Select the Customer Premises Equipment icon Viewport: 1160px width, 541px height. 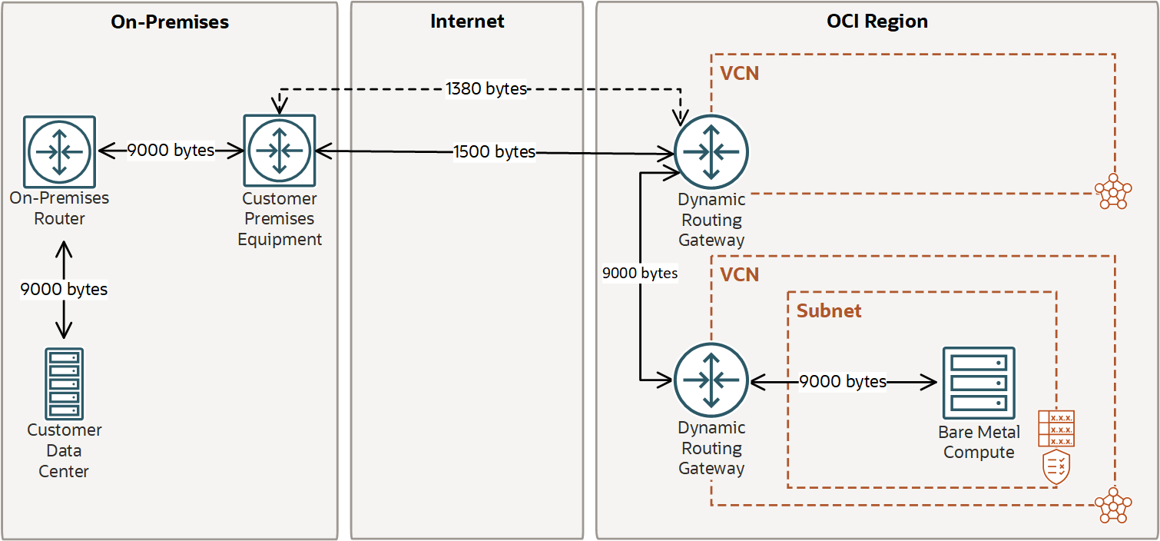pyautogui.click(x=280, y=151)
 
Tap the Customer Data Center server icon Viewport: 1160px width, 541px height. pyautogui.click(x=64, y=383)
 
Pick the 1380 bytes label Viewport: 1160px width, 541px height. pyautogui.click(x=486, y=89)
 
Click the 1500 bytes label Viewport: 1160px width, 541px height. pyautogui.click(x=494, y=152)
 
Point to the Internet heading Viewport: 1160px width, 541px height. pyautogui.click(x=467, y=22)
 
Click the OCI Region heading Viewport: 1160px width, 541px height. pyautogui.click(x=877, y=22)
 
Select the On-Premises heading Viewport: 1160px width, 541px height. pyautogui.click(x=170, y=22)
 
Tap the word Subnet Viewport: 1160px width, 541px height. pyautogui.click(x=829, y=311)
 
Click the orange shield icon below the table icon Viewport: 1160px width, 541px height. pyautogui.click(x=1056, y=467)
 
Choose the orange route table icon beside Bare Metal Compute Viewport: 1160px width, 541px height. pyautogui.click(x=1056, y=428)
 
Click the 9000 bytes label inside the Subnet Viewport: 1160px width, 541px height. pyautogui.click(x=843, y=381)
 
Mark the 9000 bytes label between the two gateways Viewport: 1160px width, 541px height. pyautogui.click(x=640, y=273)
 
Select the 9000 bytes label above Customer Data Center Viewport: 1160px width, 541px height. pyautogui.click(x=64, y=289)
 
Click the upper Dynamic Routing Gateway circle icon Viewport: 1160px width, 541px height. pyautogui.click(x=711, y=151)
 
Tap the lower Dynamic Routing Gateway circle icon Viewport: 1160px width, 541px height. pyautogui.click(x=711, y=380)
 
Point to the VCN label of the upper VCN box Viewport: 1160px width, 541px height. pyautogui.click(x=739, y=74)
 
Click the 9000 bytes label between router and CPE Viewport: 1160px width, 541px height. pyautogui.click(x=171, y=151)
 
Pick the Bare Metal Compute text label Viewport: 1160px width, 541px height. pyautogui.click(x=979, y=443)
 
